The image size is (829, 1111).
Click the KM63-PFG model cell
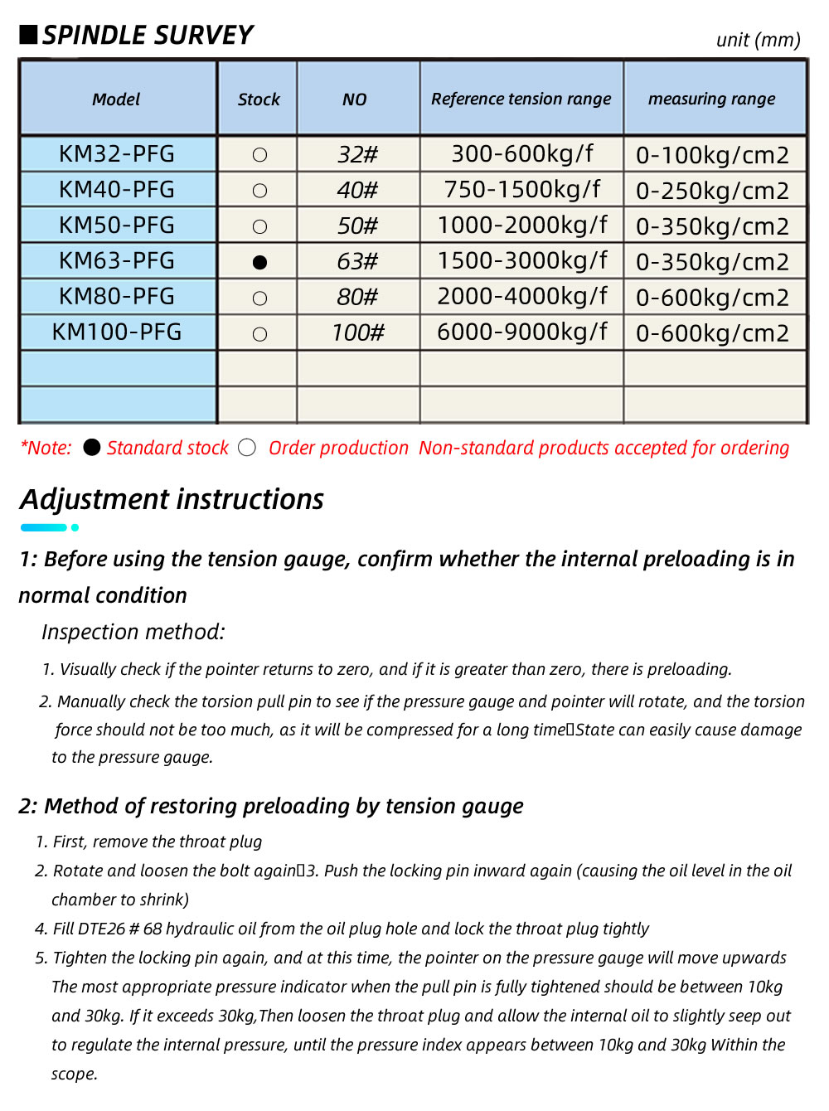pyautogui.click(x=117, y=260)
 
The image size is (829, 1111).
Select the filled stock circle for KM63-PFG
pyautogui.click(x=259, y=262)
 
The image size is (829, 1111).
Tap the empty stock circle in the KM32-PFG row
pyautogui.click(x=259, y=155)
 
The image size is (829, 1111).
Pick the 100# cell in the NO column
pyautogui.click(x=358, y=332)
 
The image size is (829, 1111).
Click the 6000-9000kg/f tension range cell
pyautogui.click(x=521, y=332)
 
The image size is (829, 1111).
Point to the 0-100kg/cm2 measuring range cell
pyautogui.click(x=712, y=155)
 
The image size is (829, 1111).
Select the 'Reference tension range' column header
pyautogui.click(x=521, y=99)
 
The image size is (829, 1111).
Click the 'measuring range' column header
pyautogui.click(x=711, y=99)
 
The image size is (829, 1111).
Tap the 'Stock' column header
pyautogui.click(x=259, y=99)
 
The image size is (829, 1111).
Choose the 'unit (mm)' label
pyautogui.click(x=758, y=40)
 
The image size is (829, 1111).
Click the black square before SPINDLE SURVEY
pyautogui.click(x=29, y=34)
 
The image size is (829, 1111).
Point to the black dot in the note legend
pyautogui.click(x=92, y=448)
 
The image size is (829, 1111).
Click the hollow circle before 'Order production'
pyautogui.click(x=247, y=448)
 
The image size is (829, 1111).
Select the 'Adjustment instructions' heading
pyautogui.click(x=172, y=499)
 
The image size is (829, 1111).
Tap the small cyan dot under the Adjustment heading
pyautogui.click(x=75, y=527)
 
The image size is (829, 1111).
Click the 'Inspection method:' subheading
pyautogui.click(x=133, y=632)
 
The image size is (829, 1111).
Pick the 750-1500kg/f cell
pyautogui.click(x=521, y=189)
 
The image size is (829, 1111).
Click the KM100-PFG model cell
pyautogui.click(x=117, y=332)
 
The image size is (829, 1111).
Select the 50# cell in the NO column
pyautogui.click(x=358, y=226)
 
